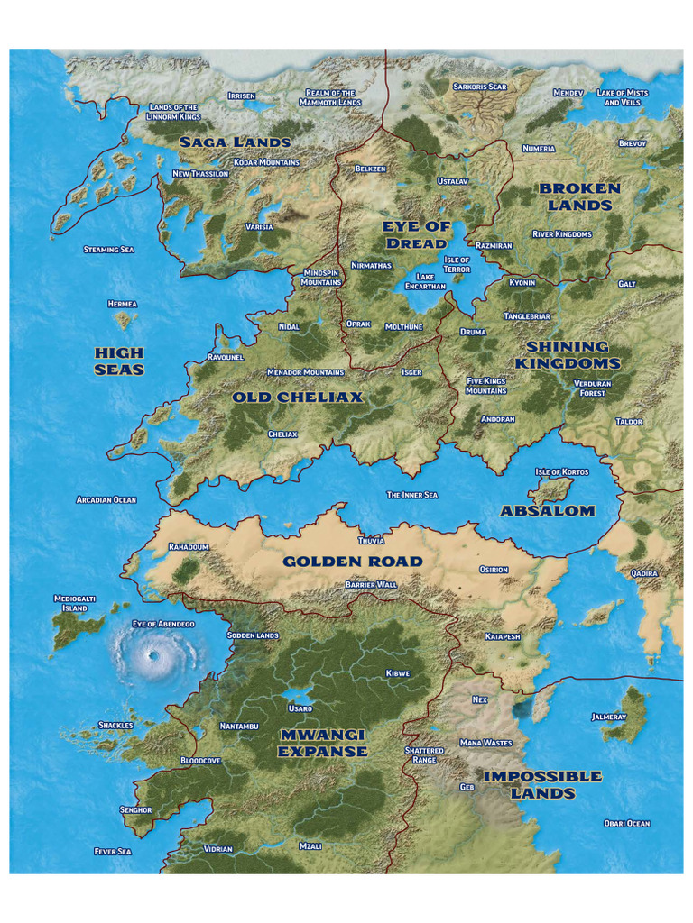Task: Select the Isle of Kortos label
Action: click(561, 471)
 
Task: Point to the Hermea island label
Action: click(122, 304)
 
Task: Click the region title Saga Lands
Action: click(235, 142)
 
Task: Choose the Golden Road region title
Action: click(352, 562)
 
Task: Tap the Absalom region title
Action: click(548, 510)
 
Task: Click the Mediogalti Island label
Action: click(69, 603)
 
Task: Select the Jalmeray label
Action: click(608, 717)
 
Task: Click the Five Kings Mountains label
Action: click(486, 386)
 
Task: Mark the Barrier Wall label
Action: click(371, 585)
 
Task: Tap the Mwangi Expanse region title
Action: click(322, 744)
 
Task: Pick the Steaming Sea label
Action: click(108, 249)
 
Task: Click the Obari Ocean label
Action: click(626, 823)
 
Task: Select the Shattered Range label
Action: click(424, 754)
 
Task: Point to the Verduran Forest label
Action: click(592, 388)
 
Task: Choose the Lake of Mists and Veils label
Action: click(624, 97)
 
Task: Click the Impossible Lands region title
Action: click(542, 784)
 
